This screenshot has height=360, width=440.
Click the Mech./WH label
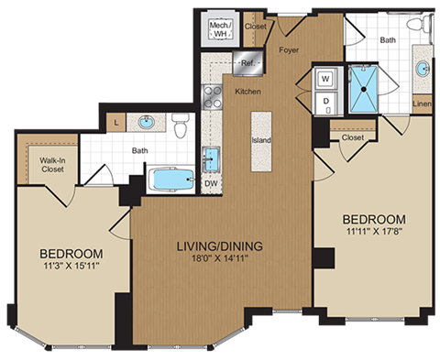click(x=220, y=28)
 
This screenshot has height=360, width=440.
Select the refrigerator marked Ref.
click(x=247, y=63)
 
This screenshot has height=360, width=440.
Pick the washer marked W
click(x=325, y=78)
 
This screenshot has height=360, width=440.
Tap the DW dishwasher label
click(x=211, y=183)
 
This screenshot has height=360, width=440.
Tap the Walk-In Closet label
click(x=51, y=165)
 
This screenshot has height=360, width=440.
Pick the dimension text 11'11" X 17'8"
click(x=374, y=234)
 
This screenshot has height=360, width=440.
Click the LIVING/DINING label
click(x=220, y=245)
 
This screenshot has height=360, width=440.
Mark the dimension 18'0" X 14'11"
click(x=220, y=260)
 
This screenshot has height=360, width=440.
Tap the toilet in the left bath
click(x=180, y=125)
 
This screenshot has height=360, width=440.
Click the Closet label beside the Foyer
click(x=256, y=27)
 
